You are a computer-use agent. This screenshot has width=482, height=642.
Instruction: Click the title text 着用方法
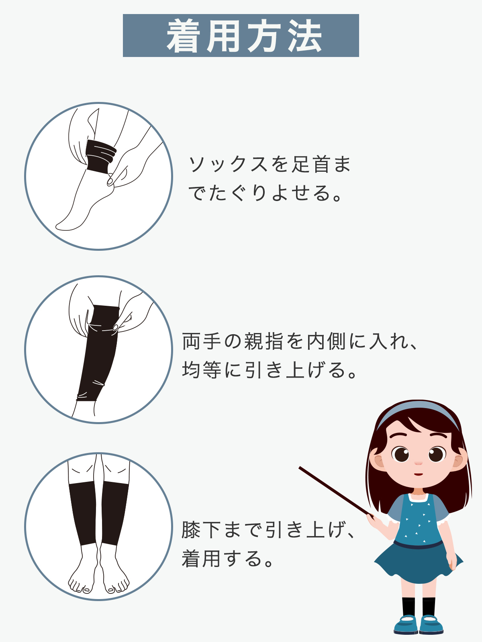point(244,36)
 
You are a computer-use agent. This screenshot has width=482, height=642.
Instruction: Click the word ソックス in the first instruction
point(228,165)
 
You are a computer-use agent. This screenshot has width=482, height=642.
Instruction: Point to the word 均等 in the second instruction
point(202,370)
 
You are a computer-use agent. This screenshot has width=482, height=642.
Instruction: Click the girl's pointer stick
point(336,491)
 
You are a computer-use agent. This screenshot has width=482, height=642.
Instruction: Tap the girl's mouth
point(419,474)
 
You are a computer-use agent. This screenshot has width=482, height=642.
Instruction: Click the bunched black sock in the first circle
point(101,156)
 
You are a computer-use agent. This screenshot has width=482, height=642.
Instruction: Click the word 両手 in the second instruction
point(202,341)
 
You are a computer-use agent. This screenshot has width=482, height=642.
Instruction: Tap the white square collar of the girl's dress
point(419,498)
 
